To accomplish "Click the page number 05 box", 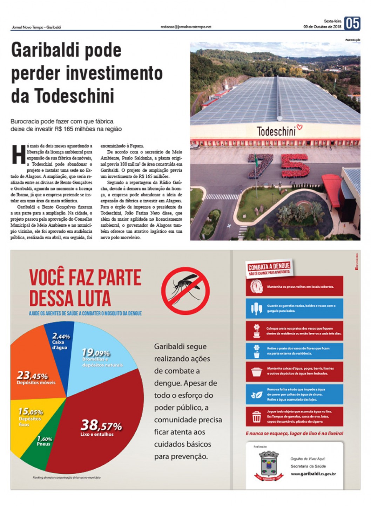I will point(352,23).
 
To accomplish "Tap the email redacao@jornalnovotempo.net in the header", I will point(186,27).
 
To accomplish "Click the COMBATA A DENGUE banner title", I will point(269,267).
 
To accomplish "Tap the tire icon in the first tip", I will point(257,287).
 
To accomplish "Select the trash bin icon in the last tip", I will point(257,417).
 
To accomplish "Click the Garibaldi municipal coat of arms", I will point(268,466).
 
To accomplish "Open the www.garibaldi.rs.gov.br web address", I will point(313,474).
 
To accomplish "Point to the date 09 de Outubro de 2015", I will point(322,27).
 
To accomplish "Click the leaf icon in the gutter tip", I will point(257,395).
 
